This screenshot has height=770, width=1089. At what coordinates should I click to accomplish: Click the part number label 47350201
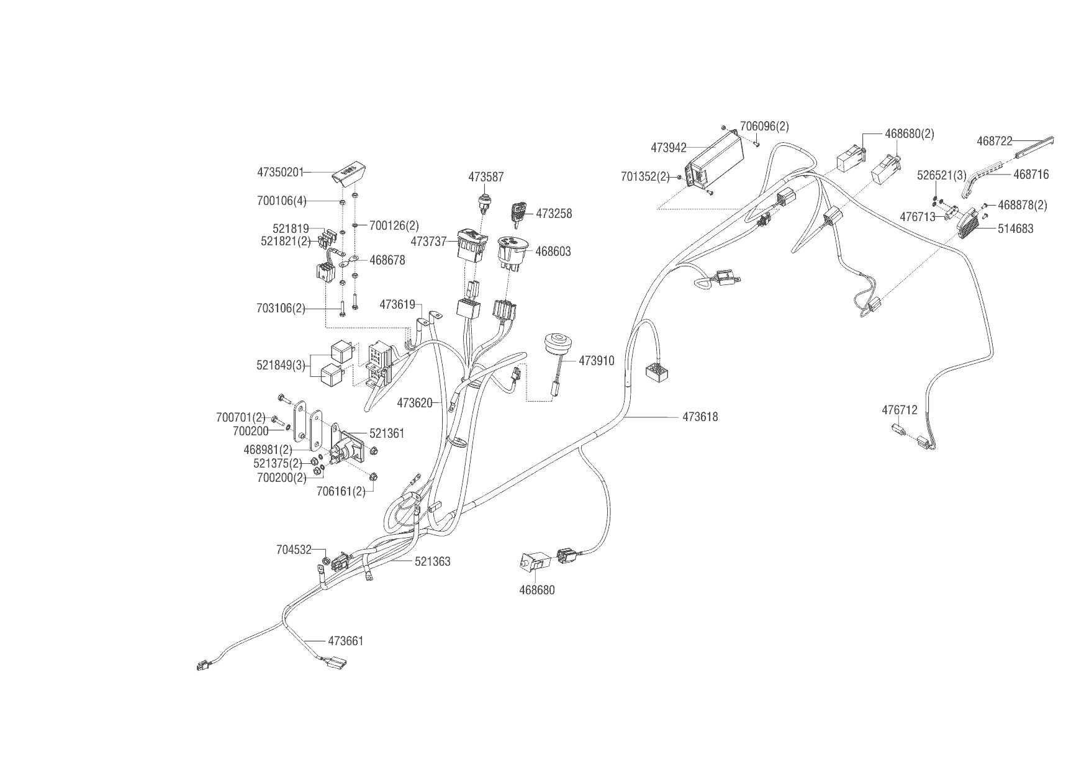click(280, 171)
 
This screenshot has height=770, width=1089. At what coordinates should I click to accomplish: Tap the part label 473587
click(486, 178)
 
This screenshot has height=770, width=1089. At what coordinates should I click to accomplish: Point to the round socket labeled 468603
click(512, 252)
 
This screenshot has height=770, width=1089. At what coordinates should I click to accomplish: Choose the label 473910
click(596, 361)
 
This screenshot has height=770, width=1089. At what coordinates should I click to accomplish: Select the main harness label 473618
click(700, 417)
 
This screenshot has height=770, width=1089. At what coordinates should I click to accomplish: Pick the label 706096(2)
click(764, 127)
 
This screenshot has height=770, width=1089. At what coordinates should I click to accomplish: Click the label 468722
click(994, 142)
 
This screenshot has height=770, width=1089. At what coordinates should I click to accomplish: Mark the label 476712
click(899, 410)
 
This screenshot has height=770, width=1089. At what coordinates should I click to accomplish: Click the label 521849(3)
click(281, 365)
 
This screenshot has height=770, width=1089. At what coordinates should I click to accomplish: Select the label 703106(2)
click(280, 308)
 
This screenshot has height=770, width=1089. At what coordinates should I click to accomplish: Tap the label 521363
click(432, 562)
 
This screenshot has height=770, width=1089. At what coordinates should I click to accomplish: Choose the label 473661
click(345, 641)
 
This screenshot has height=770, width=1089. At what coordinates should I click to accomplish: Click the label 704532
click(294, 550)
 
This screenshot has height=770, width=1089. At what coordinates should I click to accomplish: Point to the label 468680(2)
click(909, 134)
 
